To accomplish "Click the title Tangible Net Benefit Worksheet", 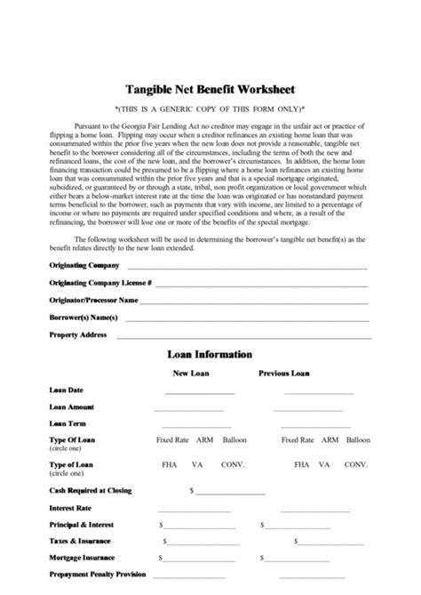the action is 210,89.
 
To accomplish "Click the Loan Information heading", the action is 210,354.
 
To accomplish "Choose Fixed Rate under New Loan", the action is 173,439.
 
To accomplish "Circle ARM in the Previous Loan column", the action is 330,439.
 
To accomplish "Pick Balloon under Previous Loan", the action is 359,439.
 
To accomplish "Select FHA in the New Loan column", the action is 169,464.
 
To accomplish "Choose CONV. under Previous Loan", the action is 356,464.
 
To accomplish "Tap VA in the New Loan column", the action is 198,464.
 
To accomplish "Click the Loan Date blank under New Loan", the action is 199,391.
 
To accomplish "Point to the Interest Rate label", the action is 70,507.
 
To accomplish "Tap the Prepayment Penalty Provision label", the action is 97,575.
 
